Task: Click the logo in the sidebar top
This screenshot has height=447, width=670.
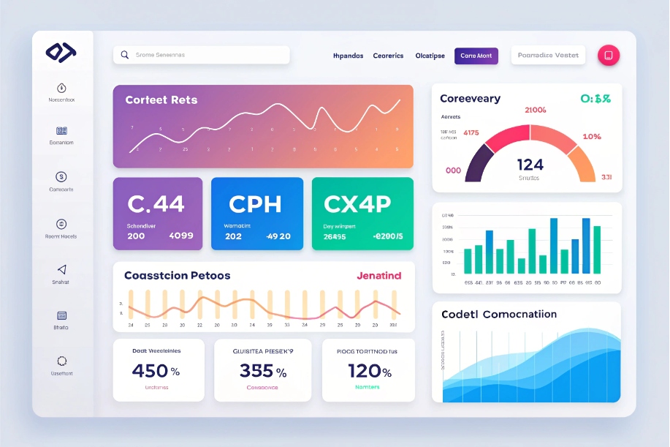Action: coord(61,52)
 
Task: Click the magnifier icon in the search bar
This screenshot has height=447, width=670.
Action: coord(125,55)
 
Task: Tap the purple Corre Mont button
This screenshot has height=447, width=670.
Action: coord(476,56)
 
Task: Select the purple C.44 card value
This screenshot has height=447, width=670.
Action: coord(156,203)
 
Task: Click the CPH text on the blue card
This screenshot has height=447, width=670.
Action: coord(255,203)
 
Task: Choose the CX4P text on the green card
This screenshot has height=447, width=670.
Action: coord(357,203)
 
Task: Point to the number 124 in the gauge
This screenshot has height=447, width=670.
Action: coord(530,164)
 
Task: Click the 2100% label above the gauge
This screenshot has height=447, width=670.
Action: coord(536,110)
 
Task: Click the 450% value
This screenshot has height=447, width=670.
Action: coord(156,371)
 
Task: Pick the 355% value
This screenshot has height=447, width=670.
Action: coord(262,371)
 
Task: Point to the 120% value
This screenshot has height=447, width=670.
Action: coord(369,371)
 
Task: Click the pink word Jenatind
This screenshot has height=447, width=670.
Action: coord(378,276)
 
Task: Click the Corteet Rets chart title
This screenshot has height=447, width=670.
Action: coord(161,100)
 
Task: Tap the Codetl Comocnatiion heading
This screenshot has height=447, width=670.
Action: coord(499,314)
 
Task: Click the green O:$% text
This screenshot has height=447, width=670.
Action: coord(595,99)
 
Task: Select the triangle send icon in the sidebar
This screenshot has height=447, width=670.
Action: coord(61,270)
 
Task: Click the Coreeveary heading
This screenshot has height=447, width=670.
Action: coord(471,99)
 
